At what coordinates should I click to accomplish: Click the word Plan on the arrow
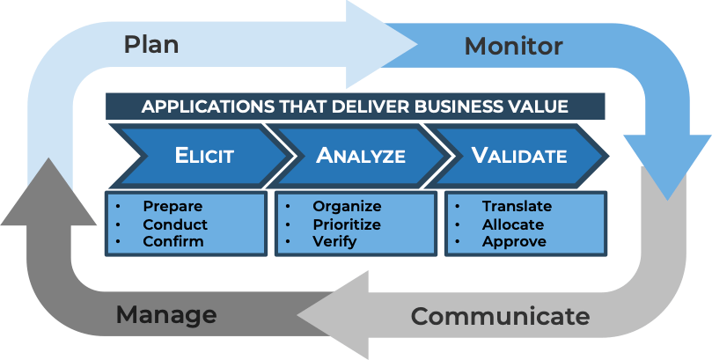pos(151,44)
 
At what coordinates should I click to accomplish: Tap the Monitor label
pos(514,45)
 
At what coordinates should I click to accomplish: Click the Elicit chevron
pos(203,157)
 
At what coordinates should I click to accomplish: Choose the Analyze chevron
pos(361,157)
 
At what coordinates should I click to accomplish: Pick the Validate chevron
pos(519,157)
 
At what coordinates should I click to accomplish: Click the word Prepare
pos(173,207)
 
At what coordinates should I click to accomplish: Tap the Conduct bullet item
pos(175,224)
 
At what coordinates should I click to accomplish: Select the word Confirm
pos(173,241)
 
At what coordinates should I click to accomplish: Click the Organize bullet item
pos(347,207)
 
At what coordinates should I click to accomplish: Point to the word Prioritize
pos(347,224)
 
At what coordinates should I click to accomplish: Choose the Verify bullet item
pos(334,241)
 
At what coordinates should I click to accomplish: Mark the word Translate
pos(517,207)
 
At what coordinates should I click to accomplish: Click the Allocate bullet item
pos(513,224)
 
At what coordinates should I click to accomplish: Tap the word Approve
pos(514,241)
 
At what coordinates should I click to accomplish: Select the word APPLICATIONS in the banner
pos(201,107)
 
